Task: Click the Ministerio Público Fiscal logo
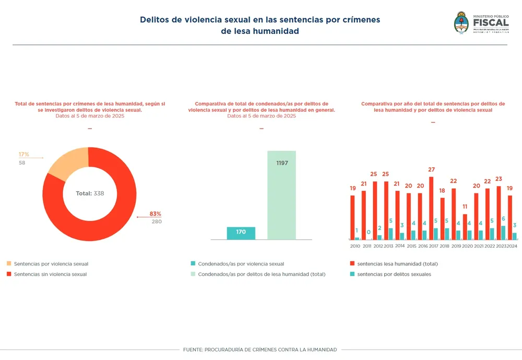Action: (481, 24)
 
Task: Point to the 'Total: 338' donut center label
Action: (90, 193)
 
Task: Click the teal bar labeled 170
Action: (241, 233)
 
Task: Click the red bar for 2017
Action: (431, 208)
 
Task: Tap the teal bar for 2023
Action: (503, 233)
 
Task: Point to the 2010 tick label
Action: (355, 246)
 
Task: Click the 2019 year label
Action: (456, 246)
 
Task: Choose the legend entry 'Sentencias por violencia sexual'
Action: (51, 264)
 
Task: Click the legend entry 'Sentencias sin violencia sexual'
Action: (50, 274)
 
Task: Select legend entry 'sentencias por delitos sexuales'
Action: (394, 274)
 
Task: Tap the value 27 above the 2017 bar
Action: (431, 170)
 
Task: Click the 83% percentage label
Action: (155, 214)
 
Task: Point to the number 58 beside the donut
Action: (22, 162)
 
